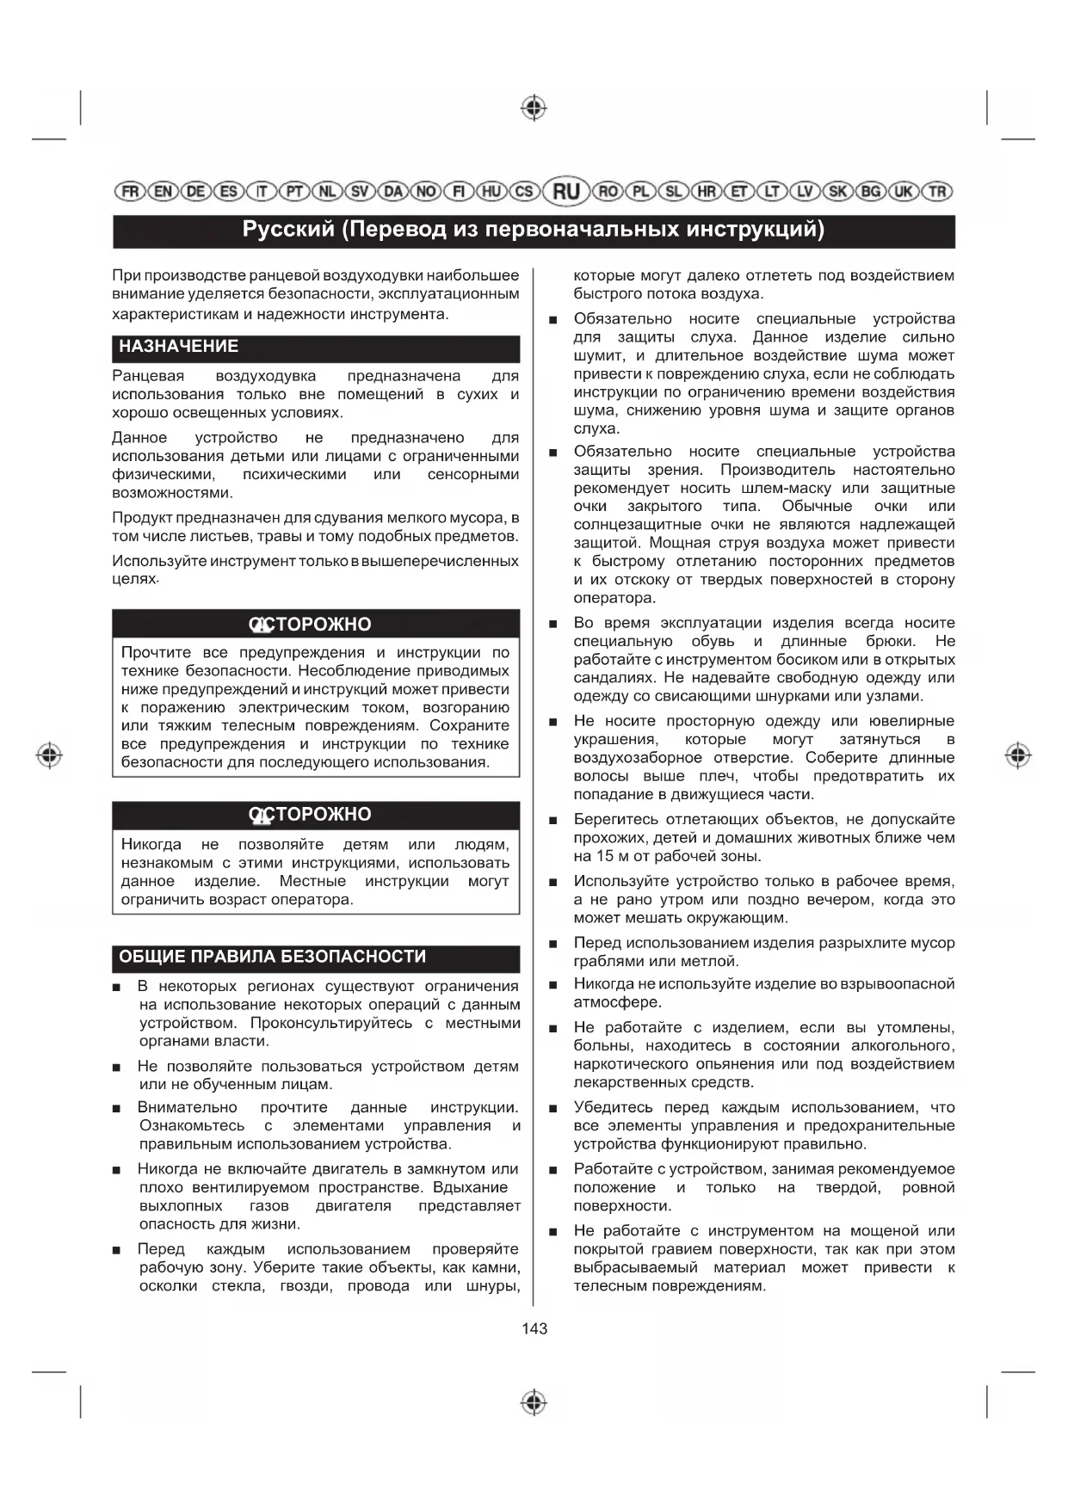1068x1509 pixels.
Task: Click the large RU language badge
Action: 565,191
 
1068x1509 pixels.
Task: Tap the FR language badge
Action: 130,191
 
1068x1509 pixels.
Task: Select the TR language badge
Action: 937,191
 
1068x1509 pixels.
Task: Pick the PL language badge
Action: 640,191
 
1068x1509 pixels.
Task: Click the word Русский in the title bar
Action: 287,230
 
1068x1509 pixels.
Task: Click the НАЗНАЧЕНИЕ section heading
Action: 179,347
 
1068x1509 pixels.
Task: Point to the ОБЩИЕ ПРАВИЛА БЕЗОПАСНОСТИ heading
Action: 273,957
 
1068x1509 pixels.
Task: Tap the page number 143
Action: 534,1328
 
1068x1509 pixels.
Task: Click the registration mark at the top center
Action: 534,108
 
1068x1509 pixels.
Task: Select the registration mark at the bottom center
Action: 534,1401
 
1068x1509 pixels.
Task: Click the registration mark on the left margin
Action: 49,755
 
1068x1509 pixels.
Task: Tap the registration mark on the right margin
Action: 1018,755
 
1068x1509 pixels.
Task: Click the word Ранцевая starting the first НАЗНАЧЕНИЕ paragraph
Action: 148,376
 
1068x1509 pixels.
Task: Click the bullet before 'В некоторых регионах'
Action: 116,988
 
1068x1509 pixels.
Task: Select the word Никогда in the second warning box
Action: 151,845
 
